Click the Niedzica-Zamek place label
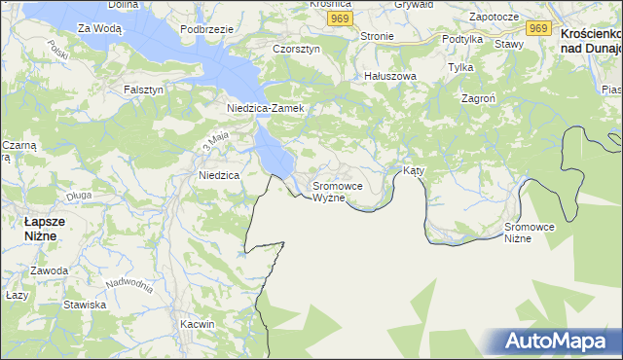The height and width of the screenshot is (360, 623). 266,108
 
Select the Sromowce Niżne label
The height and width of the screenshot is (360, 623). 530,233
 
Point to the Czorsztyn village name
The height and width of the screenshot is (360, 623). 297,49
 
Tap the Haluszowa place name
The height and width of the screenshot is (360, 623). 389,76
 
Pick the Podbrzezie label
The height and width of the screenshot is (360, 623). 206,29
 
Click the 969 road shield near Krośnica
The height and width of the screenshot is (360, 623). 339,18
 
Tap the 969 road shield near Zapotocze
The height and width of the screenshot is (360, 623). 540,28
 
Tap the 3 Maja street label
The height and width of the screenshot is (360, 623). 214,142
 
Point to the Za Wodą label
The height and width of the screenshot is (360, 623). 99,29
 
